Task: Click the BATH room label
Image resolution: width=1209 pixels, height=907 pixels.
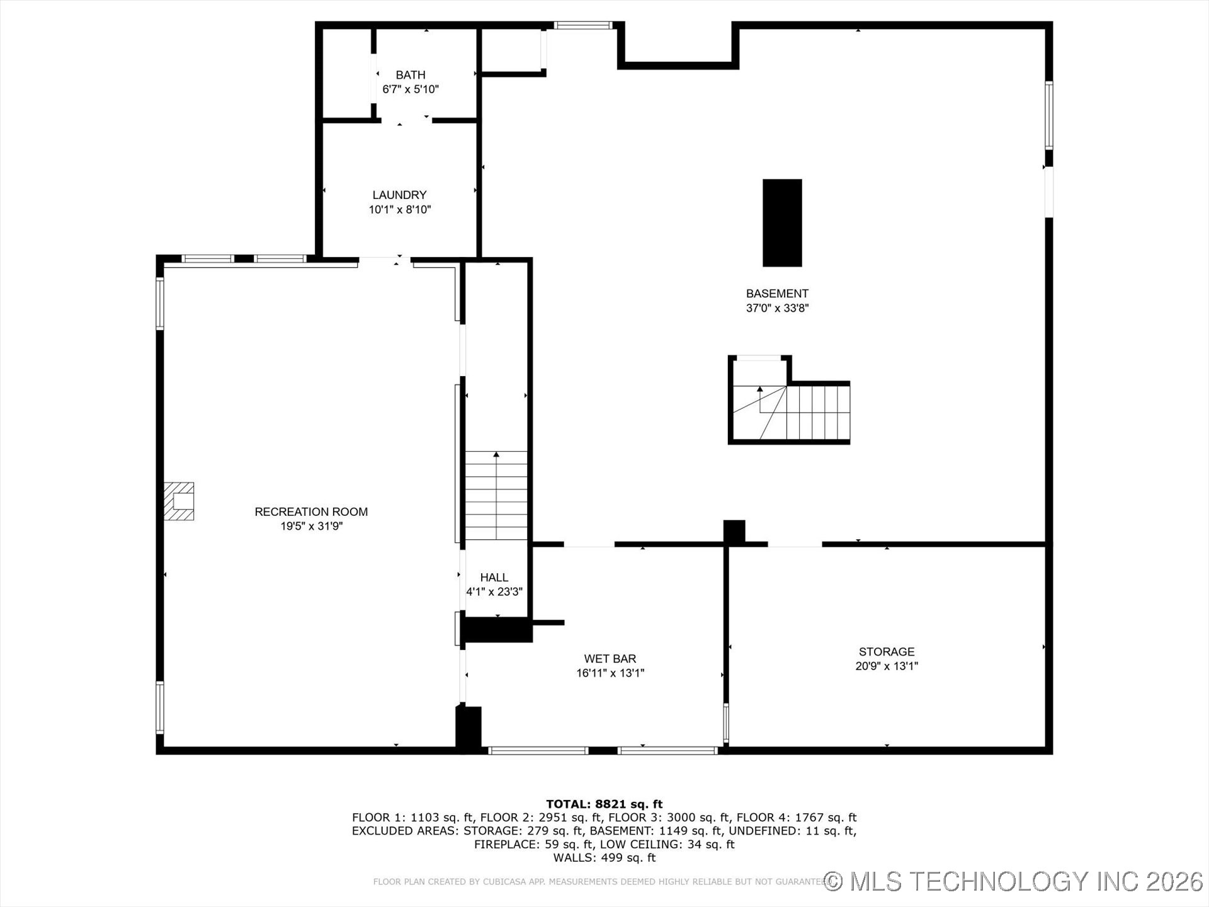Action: coord(410,75)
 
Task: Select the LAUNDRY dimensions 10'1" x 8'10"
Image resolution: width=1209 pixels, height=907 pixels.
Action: coord(399,210)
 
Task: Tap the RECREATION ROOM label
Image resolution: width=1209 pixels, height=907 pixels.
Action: coord(311,512)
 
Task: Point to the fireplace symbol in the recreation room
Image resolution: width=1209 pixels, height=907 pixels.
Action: coord(179,501)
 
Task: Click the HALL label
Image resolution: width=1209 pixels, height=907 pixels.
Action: coord(494,578)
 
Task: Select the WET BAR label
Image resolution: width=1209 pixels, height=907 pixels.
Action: coord(610,659)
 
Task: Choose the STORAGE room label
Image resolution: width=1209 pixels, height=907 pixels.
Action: coord(886,652)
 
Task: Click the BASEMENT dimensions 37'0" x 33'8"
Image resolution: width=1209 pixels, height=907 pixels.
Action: coord(777,308)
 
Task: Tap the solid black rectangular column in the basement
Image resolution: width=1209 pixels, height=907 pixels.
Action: coord(782,223)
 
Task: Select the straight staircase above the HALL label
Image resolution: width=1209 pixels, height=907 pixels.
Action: coord(496,498)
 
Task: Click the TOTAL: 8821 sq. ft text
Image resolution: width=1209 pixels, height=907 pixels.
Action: coord(604,804)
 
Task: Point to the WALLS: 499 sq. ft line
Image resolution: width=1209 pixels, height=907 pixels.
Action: coord(604,858)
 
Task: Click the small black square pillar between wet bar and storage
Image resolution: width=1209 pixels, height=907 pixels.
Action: coord(734,531)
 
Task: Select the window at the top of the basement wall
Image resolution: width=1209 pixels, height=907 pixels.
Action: coord(582,26)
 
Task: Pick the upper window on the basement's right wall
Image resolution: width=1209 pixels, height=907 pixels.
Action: coord(1049,115)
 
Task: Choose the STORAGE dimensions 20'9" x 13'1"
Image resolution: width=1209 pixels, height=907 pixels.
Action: coord(886,666)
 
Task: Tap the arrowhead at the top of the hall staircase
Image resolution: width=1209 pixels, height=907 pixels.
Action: coord(496,454)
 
